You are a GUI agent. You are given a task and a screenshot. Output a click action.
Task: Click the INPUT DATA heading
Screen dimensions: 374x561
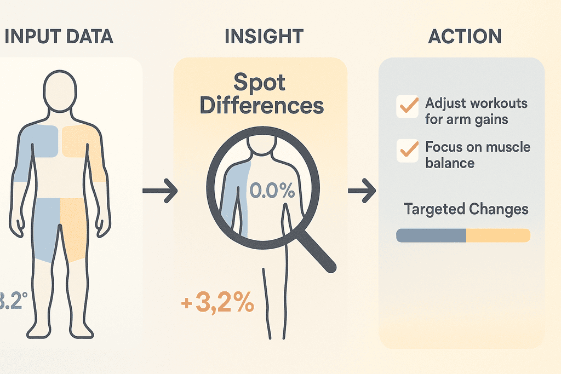pyautogui.click(x=58, y=36)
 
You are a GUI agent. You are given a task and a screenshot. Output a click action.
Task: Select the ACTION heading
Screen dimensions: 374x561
pyautogui.click(x=464, y=36)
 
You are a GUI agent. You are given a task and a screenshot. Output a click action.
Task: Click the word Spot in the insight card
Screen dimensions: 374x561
pyautogui.click(x=259, y=83)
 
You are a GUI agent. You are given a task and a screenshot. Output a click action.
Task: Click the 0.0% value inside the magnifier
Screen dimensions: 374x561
pyautogui.click(x=272, y=191)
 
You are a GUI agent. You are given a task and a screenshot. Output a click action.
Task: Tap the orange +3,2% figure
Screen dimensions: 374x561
pyautogui.click(x=217, y=302)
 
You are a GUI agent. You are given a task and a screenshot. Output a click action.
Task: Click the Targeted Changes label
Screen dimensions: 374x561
pyautogui.click(x=466, y=209)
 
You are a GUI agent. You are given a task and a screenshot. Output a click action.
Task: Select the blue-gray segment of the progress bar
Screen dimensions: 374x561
pyautogui.click(x=431, y=235)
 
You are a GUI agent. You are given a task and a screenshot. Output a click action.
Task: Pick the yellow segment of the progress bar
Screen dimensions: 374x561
pyautogui.click(x=497, y=235)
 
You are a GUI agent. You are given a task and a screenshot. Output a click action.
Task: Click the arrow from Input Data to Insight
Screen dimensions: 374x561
pyautogui.click(x=160, y=191)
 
